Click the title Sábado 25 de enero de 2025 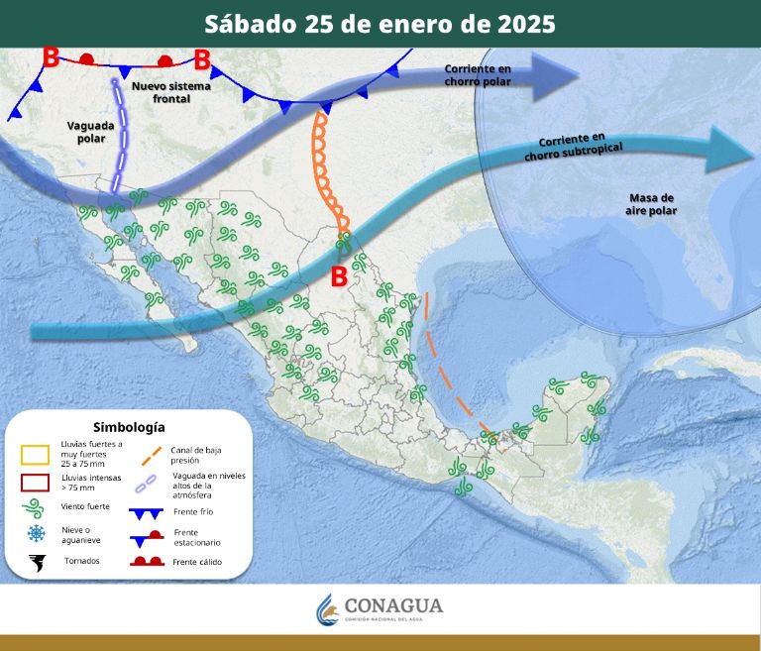point(380,24)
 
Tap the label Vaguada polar point(90,132)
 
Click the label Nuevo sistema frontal point(170,92)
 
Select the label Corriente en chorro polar point(478,74)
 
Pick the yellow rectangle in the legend point(37,455)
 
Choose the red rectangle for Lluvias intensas point(37,483)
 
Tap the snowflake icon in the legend point(37,534)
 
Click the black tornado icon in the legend point(37,563)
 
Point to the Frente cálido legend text point(197,562)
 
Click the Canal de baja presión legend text point(192,455)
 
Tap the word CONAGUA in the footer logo point(393,605)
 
